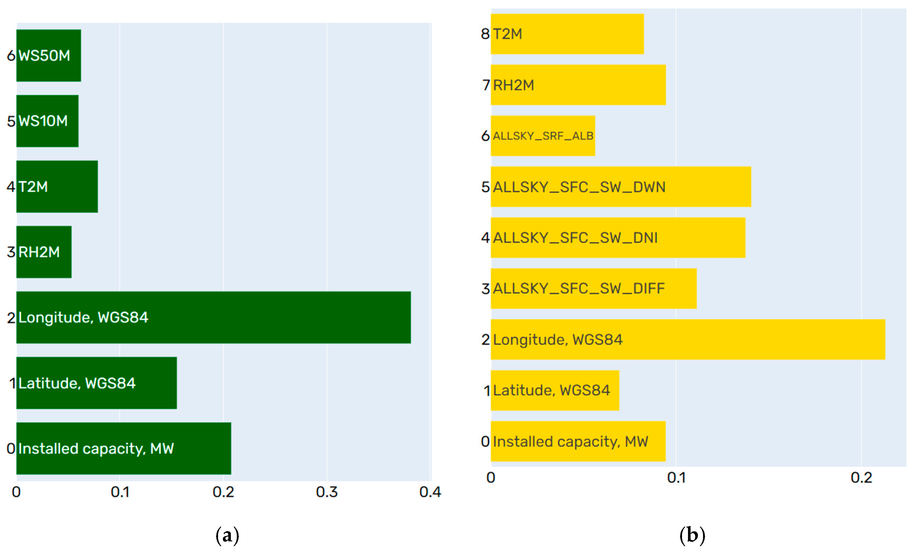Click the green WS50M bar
pyautogui.click(x=49, y=55)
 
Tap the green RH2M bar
pyautogui.click(x=44, y=252)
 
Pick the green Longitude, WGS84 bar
pyautogui.click(x=214, y=317)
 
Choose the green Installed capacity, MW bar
pyautogui.click(x=124, y=448)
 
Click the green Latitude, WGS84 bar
pyautogui.click(x=96, y=383)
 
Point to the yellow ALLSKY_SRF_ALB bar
pyautogui.click(x=543, y=136)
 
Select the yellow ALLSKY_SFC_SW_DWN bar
pyautogui.click(x=621, y=187)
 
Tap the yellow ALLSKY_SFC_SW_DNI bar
pyautogui.click(x=618, y=238)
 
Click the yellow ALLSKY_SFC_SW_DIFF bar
pyautogui.click(x=593, y=288)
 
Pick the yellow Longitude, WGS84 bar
pyautogui.click(x=688, y=339)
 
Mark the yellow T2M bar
pyautogui.click(x=567, y=34)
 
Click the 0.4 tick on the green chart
pyautogui.click(x=430, y=492)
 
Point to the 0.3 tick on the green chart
pyautogui.click(x=327, y=492)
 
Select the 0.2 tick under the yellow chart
pyautogui.click(x=861, y=478)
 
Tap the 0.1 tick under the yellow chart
pyautogui.click(x=676, y=478)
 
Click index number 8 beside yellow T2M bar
pyautogui.click(x=485, y=34)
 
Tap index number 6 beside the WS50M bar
pyautogui.click(x=11, y=56)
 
